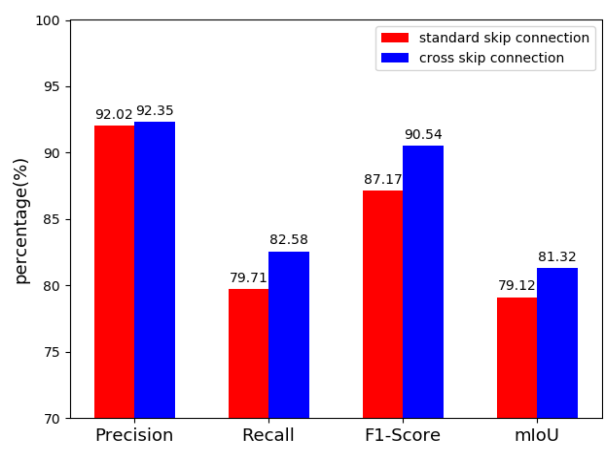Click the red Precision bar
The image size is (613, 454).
[114, 272]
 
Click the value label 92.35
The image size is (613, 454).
[155, 111]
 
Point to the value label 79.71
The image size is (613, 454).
[248, 278]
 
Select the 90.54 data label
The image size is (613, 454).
[423, 135]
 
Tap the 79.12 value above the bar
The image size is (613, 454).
[517, 286]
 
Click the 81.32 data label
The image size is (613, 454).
[557, 257]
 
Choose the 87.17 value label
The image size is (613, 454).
[382, 180]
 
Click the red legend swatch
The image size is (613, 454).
[395, 38]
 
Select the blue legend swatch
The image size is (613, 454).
[395, 58]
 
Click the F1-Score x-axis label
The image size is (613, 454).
[402, 435]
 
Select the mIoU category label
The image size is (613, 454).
[537, 435]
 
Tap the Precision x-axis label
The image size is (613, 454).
[134, 435]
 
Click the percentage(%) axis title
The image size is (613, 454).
[21, 221]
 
